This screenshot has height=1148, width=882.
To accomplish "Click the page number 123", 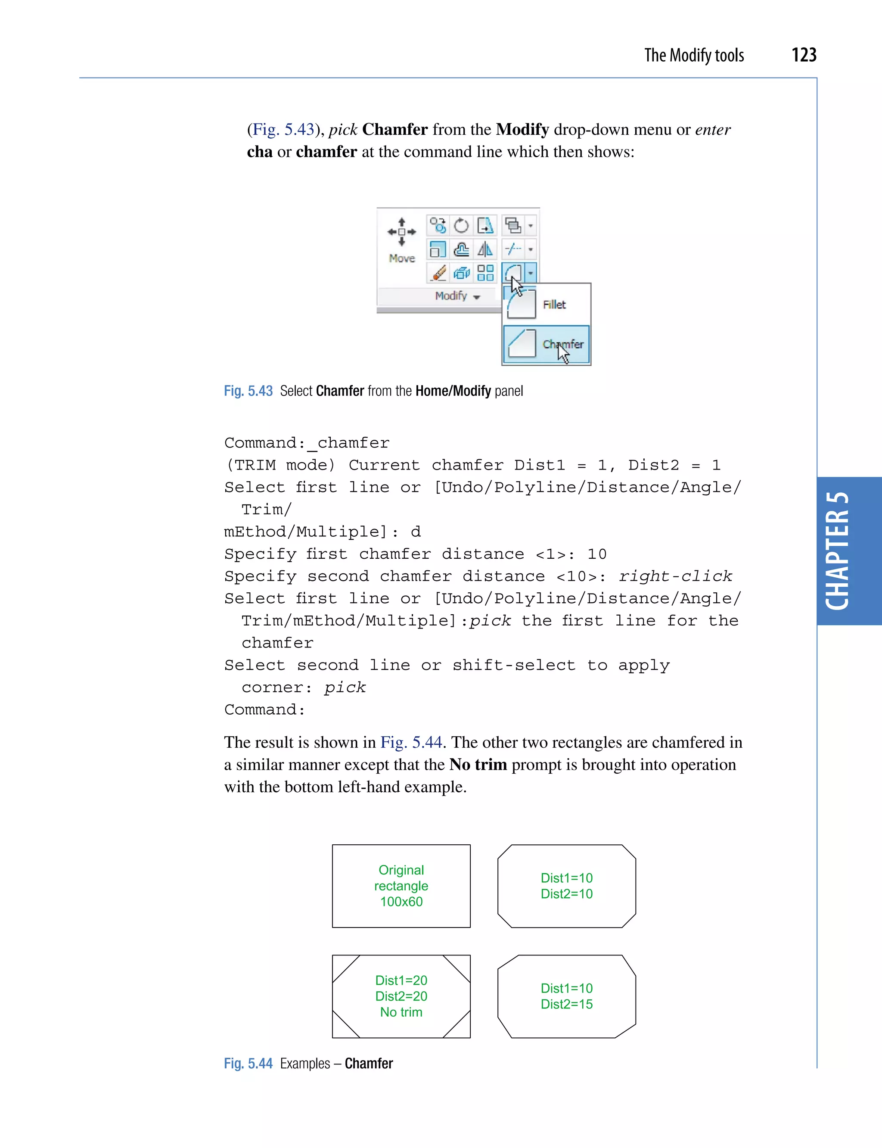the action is click(803, 55).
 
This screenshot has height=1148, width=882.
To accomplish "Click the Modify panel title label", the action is click(451, 296).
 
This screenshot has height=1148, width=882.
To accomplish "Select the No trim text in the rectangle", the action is click(401, 1012).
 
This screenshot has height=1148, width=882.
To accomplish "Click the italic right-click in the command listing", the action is click(675, 576).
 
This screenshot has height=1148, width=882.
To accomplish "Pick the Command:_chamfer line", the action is click(307, 443).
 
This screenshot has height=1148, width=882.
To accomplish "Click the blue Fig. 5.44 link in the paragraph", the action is click(411, 742).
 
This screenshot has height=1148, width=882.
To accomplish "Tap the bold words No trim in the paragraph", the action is click(478, 765).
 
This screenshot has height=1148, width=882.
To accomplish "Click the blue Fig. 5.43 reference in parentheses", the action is click(283, 129).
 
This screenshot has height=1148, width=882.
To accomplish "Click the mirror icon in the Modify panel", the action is click(485, 249).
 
